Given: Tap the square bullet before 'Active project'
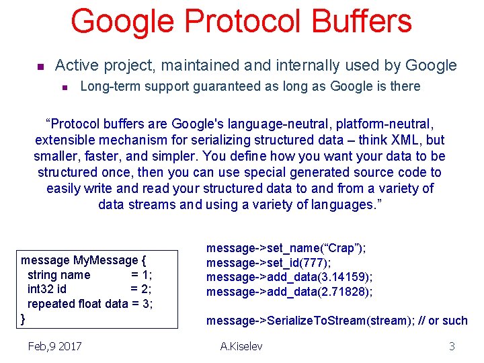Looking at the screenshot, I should coord(40,67).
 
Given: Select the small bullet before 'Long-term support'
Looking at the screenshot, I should coord(65,87).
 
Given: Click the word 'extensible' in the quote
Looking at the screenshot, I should coord(67,140).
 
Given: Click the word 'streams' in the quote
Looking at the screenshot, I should coord(149,204).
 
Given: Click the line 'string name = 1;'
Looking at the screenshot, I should coord(89,274).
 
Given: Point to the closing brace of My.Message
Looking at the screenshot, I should coord(24,318).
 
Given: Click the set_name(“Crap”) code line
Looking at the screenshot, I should coord(286,248).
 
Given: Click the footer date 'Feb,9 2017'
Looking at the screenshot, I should coord(55,346).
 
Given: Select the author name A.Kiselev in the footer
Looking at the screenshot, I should coord(241,346).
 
